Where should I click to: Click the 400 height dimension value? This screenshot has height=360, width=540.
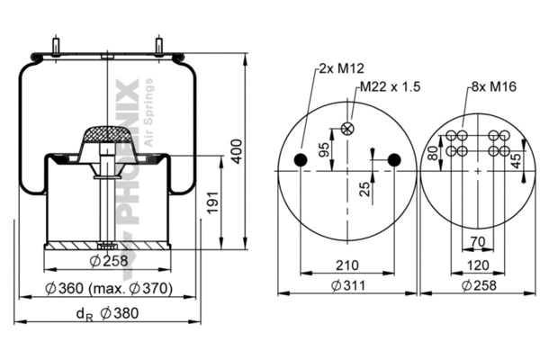[237, 149]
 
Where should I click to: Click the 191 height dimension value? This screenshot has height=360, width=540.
[212, 206]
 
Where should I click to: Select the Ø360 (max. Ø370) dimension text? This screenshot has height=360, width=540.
[109, 290]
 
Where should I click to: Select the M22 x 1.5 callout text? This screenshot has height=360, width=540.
[390, 86]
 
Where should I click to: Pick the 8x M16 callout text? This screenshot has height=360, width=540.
[491, 86]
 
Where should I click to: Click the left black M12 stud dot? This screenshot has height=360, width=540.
[301, 160]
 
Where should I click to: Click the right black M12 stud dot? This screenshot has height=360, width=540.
[393, 160]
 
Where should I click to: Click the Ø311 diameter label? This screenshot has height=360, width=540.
[347, 285]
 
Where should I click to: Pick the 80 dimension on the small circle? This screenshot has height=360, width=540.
[433, 153]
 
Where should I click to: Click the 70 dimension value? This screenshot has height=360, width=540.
[477, 242]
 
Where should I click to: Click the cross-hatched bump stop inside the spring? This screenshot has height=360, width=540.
[108, 137]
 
